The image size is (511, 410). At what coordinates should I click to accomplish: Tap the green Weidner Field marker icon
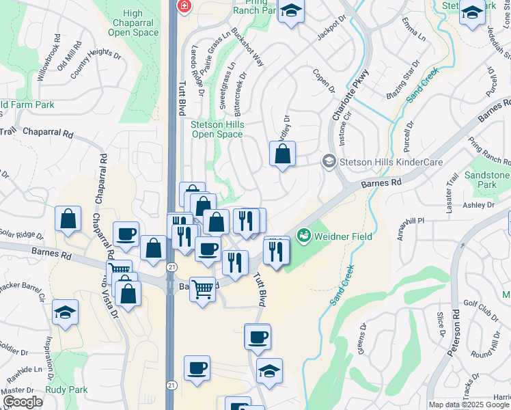point(304,236)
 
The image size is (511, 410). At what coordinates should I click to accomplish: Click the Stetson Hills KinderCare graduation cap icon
point(329,161)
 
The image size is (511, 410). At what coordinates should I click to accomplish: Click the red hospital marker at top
point(183,6)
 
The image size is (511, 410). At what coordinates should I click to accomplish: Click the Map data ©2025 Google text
point(469,405)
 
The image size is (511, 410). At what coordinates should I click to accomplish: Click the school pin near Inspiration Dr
point(66,312)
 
